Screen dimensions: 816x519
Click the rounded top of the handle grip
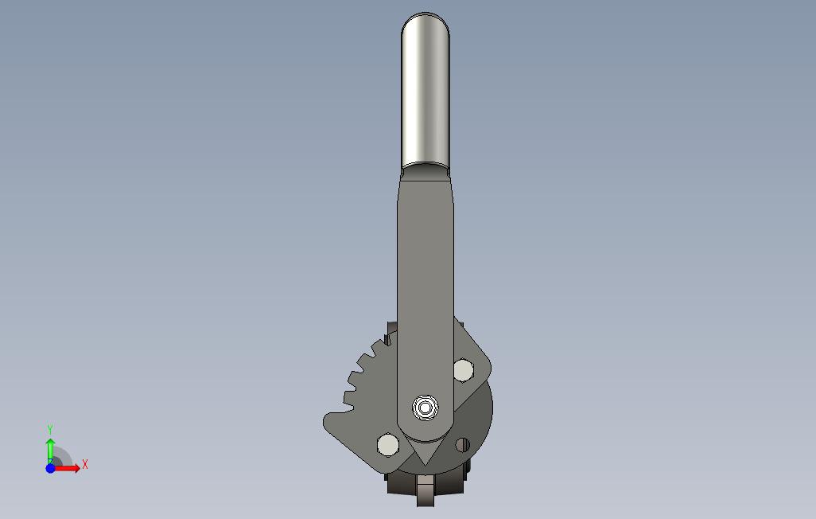click(x=425, y=21)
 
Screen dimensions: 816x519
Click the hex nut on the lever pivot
click(x=425, y=408)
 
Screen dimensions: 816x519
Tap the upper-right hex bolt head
click(x=463, y=370)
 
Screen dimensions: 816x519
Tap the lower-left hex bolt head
click(x=387, y=445)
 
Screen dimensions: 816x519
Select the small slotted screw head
click(x=462, y=444)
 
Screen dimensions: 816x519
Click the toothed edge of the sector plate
click(x=364, y=374)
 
